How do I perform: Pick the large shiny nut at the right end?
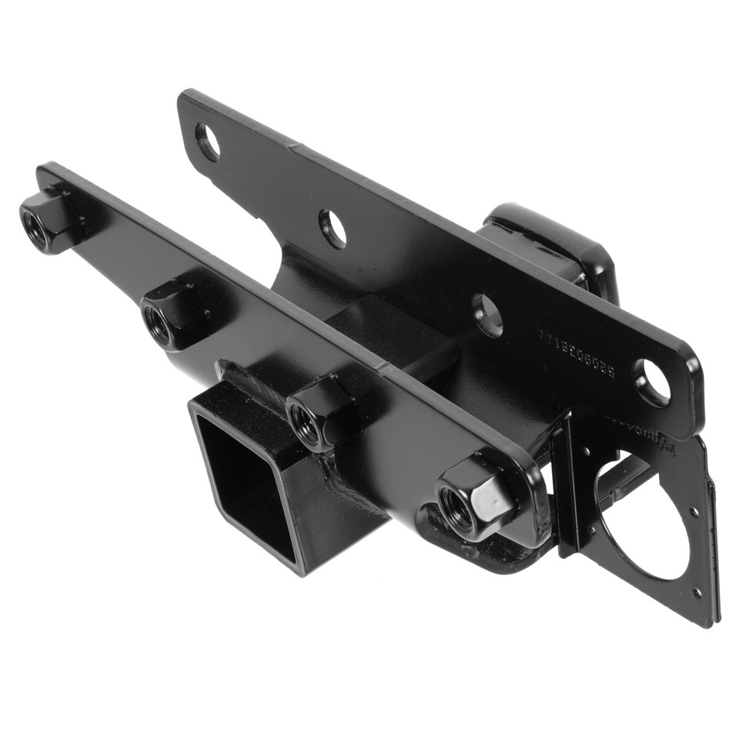coord(473,500)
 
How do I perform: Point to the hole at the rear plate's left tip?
coord(207,142)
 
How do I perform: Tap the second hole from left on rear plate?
coord(333,229)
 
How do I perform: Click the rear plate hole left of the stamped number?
coord(487,316)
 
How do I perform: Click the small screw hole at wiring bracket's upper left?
coord(587,454)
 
